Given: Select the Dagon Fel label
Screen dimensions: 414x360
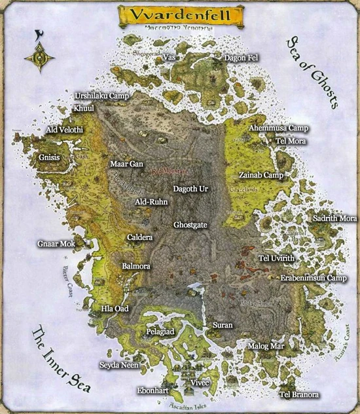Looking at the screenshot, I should point(241,58).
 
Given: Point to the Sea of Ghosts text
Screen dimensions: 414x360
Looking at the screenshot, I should point(312,73).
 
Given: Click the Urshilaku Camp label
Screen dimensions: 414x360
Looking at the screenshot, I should point(101,96).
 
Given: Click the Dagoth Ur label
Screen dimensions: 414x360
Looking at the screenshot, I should point(190,189).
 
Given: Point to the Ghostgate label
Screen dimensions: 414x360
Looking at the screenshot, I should point(190,225).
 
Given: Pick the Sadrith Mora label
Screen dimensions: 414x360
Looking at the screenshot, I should point(334,218).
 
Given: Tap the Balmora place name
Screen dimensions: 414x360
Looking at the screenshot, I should point(136,267).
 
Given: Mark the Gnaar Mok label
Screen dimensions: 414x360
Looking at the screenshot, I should point(56,244).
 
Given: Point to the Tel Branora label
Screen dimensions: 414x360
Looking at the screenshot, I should point(299,394).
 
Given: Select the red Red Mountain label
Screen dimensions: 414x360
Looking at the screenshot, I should point(169,172).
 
